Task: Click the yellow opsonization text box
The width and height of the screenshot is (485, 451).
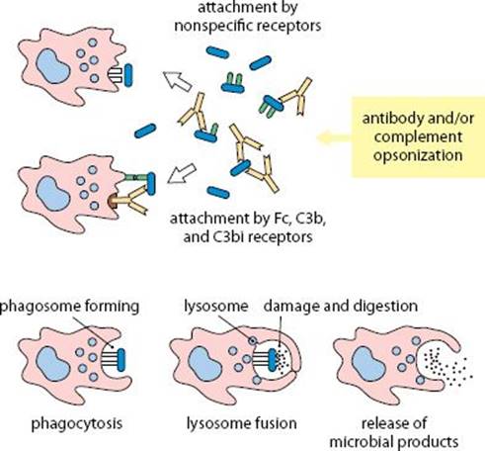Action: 418,136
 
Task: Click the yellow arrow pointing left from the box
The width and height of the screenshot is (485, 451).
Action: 334,137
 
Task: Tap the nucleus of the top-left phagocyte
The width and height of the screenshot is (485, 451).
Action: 52,66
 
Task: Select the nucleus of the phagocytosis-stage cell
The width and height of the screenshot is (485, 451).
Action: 52,364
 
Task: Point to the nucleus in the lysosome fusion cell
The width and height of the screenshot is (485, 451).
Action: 204,364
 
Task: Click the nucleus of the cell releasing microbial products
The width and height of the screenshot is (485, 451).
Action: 368,364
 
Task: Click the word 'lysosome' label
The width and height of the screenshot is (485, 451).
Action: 215,307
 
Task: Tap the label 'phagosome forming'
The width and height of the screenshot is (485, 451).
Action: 69,307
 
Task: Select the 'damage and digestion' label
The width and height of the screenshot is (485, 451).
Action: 341,307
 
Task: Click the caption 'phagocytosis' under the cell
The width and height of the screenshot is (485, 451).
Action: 77,424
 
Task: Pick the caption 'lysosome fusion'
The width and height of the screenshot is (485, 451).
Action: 241,423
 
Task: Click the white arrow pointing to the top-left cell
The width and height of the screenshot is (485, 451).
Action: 177,81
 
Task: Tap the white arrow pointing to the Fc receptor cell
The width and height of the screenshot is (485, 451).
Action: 182,173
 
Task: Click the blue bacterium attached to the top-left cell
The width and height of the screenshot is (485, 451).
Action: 128,75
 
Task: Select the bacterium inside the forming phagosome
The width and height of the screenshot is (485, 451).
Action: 121,360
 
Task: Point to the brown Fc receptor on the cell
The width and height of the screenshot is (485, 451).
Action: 113,202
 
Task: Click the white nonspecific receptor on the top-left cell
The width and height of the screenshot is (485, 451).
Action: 116,75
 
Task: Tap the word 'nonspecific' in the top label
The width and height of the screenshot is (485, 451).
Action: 211,26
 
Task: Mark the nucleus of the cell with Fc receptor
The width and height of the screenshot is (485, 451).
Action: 52,194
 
